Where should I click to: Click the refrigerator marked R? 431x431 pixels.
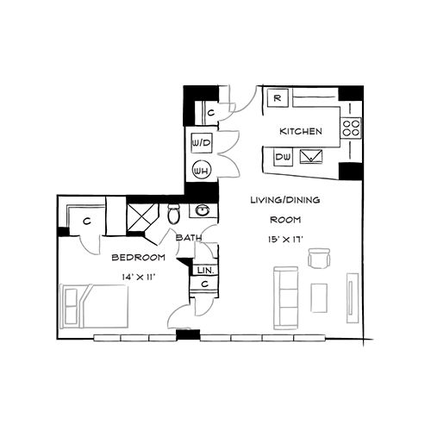click(278, 98)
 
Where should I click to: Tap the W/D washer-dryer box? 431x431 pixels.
click(202, 143)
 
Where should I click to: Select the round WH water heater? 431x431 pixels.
click(202, 171)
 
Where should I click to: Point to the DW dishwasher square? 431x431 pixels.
click(283, 157)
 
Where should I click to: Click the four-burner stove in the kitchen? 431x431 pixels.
click(351, 128)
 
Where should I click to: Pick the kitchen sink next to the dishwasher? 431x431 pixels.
click(311, 157)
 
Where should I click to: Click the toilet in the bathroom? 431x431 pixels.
click(174, 215)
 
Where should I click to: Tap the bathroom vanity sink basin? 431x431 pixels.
click(203, 210)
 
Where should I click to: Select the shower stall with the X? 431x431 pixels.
click(143, 217)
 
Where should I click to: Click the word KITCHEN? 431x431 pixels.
click(301, 132)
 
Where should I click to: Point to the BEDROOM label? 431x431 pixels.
click(139, 258)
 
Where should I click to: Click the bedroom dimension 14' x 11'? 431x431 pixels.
click(139, 278)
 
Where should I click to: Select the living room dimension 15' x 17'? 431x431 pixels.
click(285, 240)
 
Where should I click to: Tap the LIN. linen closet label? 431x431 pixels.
click(206, 271)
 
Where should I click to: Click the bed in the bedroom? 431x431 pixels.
click(94, 306)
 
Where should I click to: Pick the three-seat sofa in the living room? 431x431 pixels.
click(286, 298)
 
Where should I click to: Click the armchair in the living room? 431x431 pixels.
click(319, 258)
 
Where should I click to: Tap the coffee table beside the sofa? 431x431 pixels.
click(319, 298)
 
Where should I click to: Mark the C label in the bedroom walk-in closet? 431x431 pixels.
click(87, 222)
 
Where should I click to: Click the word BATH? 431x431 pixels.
click(189, 238)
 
